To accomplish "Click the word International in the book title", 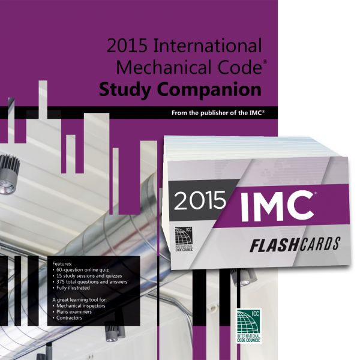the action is [208, 46].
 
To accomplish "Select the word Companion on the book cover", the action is [209, 90].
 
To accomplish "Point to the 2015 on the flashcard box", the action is [200, 201].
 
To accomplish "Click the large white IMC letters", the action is [277, 205].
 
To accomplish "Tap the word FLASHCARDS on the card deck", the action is [295, 245].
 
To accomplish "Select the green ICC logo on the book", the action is [249, 326].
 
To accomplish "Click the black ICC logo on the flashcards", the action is [184, 239].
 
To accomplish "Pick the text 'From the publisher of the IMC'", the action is [218, 113].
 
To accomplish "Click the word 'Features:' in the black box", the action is [62, 264].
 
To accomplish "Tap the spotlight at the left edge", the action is [9, 175].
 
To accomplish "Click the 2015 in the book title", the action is [127, 46].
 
